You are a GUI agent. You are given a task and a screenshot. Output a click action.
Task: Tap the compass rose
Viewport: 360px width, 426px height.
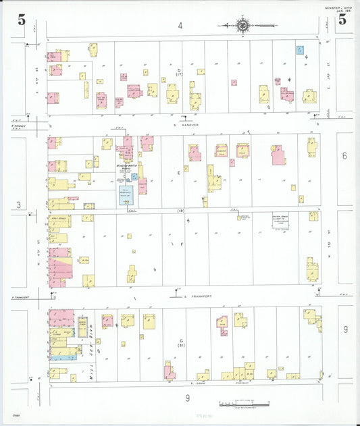click(x=242, y=26)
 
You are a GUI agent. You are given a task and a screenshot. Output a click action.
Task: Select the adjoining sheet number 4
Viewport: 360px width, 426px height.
click(x=180, y=26)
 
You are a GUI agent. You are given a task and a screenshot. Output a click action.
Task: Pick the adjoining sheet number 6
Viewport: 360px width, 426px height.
click(x=344, y=156)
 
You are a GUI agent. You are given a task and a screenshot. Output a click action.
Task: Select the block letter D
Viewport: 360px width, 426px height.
click(x=179, y=70)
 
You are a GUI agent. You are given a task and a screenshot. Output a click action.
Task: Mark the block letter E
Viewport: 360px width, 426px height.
click(x=179, y=173)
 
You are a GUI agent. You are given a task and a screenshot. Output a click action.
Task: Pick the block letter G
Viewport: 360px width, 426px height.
click(x=180, y=341)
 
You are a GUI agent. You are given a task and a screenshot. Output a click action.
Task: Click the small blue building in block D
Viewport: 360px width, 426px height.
click(x=300, y=49)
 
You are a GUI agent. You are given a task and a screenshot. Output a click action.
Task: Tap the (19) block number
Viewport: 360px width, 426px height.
click(x=181, y=211)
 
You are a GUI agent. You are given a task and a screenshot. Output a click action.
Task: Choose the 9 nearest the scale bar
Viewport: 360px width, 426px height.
click(x=188, y=398)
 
